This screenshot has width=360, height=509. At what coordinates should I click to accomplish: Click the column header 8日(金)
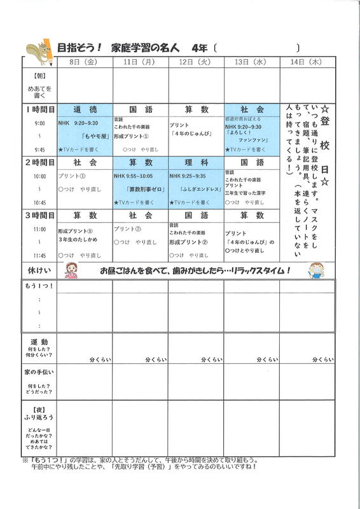click(x=85, y=62)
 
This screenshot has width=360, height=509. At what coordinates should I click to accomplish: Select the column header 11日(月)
click(x=140, y=62)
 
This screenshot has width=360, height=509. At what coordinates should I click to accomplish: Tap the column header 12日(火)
click(x=196, y=62)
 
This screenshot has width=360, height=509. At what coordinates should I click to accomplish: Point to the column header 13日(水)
click(x=252, y=62)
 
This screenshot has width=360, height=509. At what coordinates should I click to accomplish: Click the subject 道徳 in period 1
click(x=85, y=110)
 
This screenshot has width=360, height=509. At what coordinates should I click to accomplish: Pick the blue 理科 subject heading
click(x=196, y=162)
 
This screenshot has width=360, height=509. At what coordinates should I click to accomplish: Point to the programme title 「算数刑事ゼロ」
click(x=141, y=189)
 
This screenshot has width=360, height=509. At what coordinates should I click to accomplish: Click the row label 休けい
click(x=39, y=269)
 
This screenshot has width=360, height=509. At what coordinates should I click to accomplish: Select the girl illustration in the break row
click(x=72, y=270)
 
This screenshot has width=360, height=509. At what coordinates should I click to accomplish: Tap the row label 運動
click(x=39, y=342)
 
